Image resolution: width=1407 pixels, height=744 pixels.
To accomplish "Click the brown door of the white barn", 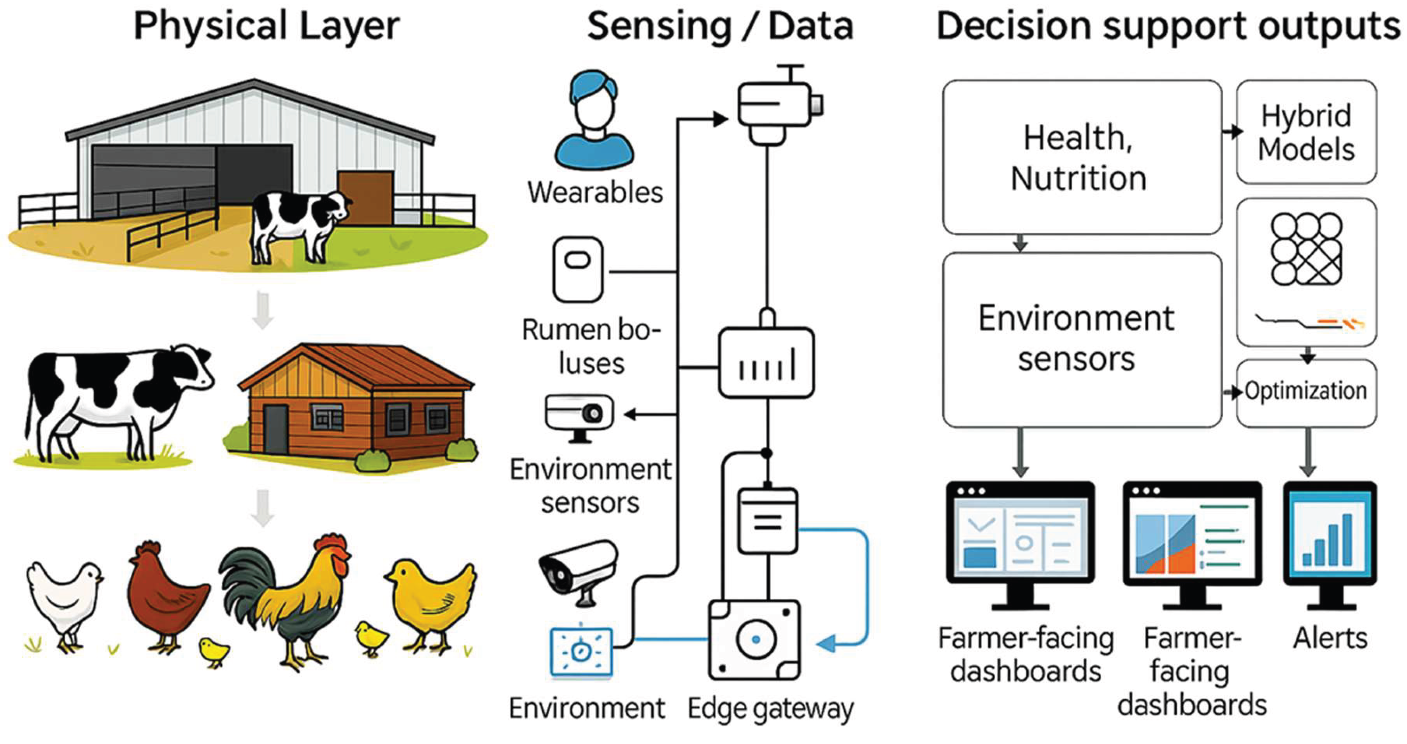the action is (365, 198).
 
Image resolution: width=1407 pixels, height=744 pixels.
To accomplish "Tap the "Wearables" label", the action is (595, 193).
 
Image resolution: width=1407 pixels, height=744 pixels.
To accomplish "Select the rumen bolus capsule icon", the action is (578, 270).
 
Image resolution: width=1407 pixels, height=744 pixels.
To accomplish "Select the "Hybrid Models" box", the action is (1306, 132).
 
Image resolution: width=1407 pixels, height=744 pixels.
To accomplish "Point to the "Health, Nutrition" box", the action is (1082, 157).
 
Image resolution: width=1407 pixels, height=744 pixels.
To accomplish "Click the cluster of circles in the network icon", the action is (1306, 249).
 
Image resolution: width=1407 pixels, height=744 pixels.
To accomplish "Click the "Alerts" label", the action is (1330, 638).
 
